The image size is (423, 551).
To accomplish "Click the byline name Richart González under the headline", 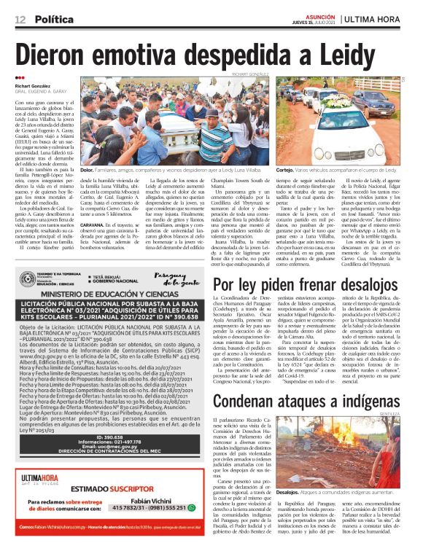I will pos(34,85).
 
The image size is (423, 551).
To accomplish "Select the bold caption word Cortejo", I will pos(285,168).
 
